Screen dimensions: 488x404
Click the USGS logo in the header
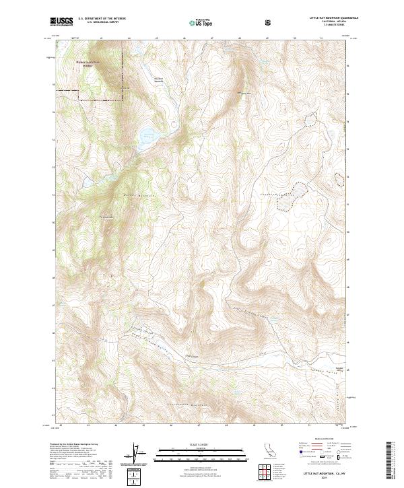point(61,22)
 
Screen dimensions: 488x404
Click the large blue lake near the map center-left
point(146,139)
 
